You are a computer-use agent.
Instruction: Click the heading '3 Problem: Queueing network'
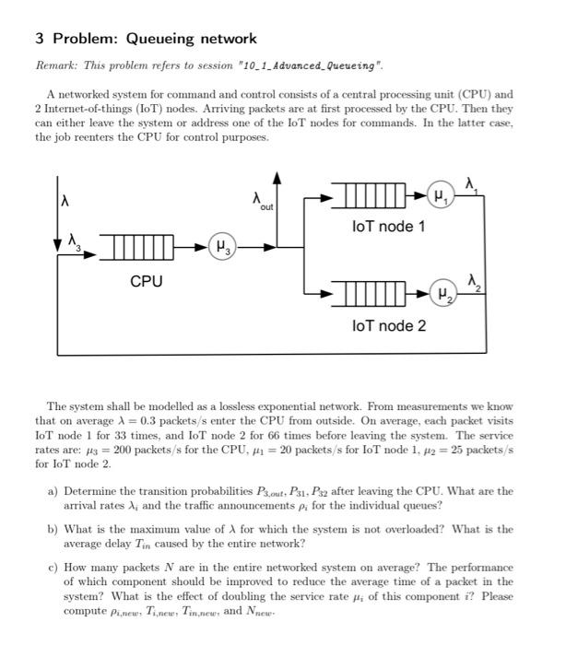(x=146, y=39)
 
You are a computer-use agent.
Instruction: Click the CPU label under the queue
(x=146, y=280)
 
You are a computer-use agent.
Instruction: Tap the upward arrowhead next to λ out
(x=276, y=177)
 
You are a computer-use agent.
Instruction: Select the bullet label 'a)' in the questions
(x=53, y=492)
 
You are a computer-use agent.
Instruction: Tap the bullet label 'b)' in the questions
(x=53, y=530)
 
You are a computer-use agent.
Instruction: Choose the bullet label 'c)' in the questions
(x=53, y=569)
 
